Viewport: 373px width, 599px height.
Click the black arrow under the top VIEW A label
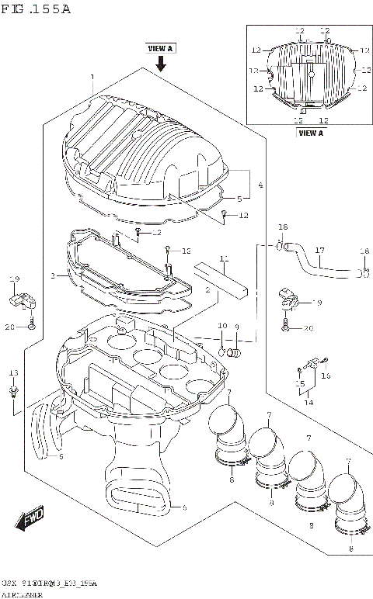pyautogui.click(x=161, y=63)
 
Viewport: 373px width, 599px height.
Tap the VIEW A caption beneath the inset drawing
pyautogui.click(x=310, y=133)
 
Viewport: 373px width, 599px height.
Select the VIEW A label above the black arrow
pyautogui.click(x=160, y=48)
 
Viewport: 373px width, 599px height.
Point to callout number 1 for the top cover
pyautogui.click(x=92, y=77)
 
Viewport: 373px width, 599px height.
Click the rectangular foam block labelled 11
pyautogui.click(x=222, y=279)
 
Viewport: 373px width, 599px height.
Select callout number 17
pyautogui.click(x=319, y=250)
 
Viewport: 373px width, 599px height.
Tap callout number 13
pyautogui.click(x=12, y=372)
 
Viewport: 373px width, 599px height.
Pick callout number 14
pyautogui.click(x=309, y=402)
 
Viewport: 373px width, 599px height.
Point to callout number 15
pyautogui.click(x=300, y=383)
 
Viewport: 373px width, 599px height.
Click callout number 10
pyautogui.click(x=221, y=326)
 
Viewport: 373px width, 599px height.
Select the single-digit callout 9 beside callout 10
pyautogui.click(x=236, y=326)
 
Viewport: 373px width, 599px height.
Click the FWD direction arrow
pyautogui.click(x=33, y=518)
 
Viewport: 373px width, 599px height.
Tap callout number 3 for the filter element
pyautogui.click(x=53, y=275)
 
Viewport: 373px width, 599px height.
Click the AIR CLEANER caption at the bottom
pyautogui.click(x=23, y=594)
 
